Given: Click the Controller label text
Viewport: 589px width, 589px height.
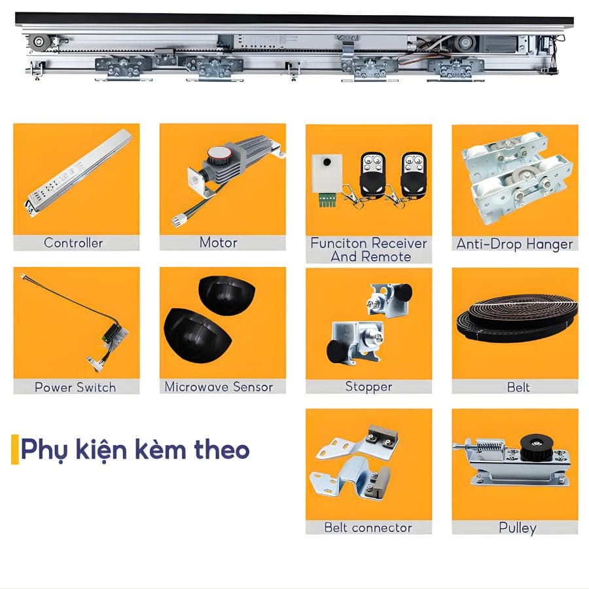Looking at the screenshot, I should pos(73,243).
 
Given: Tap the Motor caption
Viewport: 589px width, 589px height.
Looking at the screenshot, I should pos(218,242).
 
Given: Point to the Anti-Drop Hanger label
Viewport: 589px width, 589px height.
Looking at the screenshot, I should pos(514,244).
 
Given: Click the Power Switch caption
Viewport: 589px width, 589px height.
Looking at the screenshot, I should pos(75,387).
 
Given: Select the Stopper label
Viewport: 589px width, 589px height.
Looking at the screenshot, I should pos(368,387).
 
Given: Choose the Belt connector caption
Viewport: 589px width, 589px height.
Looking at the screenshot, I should pos(368,527).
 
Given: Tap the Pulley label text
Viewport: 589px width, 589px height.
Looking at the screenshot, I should pos(517,527).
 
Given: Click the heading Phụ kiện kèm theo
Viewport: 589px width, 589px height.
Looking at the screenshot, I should pos(135,450).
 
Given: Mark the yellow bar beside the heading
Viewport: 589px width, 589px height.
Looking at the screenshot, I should pos(14,449).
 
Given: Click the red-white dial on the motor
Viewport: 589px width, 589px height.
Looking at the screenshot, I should pos(217,156).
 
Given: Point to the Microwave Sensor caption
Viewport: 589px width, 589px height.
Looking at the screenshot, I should pos(219,387).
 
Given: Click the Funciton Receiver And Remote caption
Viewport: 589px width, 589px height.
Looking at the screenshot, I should pos(368,249).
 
